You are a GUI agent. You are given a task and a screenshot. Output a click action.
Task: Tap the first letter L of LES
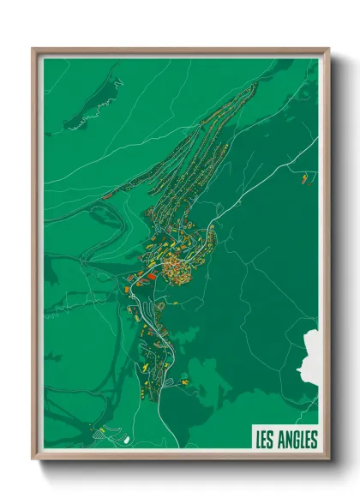[x=258, y=441]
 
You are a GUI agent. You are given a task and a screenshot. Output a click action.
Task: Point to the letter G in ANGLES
[x=295, y=441]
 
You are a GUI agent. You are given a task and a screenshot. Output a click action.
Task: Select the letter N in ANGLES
[x=287, y=441]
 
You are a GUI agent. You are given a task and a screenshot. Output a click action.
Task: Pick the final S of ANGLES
[x=314, y=441]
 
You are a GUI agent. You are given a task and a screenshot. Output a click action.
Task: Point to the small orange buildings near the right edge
[x=303, y=178]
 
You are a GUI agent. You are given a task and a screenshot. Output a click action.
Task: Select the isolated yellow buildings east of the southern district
[x=182, y=378]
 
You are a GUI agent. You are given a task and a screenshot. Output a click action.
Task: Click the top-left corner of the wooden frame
[x=33, y=49]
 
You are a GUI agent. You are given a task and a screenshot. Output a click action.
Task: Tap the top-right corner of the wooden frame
[x=329, y=49]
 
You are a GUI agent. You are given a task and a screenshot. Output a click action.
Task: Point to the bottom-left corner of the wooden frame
[x=33, y=459]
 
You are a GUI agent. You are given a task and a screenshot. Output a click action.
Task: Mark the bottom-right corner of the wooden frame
[x=329, y=459]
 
